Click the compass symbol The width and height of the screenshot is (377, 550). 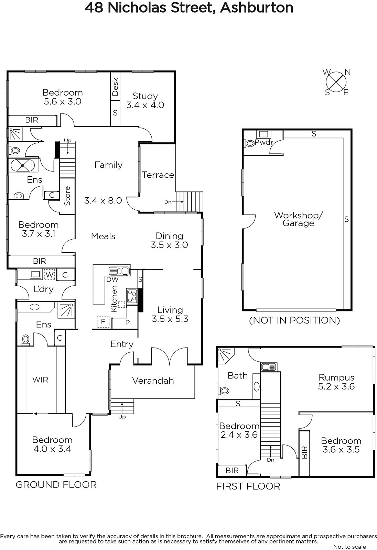pyautogui.click(x=336, y=82)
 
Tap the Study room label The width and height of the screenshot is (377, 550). pyautogui.click(x=145, y=96)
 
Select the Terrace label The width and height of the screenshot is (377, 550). pyautogui.click(x=158, y=175)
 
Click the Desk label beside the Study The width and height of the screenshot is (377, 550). pyautogui.click(x=115, y=86)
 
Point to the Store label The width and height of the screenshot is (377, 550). pyautogui.click(x=67, y=196)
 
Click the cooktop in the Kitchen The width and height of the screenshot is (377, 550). pyautogui.click(x=132, y=296)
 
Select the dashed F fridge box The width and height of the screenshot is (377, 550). pyautogui.click(x=103, y=321)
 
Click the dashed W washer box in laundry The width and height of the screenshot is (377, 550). pyautogui.click(x=50, y=275)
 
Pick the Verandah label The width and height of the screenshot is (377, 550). pyautogui.click(x=153, y=381)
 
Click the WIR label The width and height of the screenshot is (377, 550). pyautogui.click(x=40, y=380)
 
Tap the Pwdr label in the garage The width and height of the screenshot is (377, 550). pyautogui.click(x=264, y=142)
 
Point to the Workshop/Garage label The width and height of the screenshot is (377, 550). pyautogui.click(x=298, y=219)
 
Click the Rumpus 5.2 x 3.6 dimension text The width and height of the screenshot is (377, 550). pyautogui.click(x=336, y=386)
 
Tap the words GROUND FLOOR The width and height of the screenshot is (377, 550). pyautogui.click(x=56, y=485)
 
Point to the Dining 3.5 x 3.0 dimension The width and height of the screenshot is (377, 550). pyautogui.click(x=169, y=245)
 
